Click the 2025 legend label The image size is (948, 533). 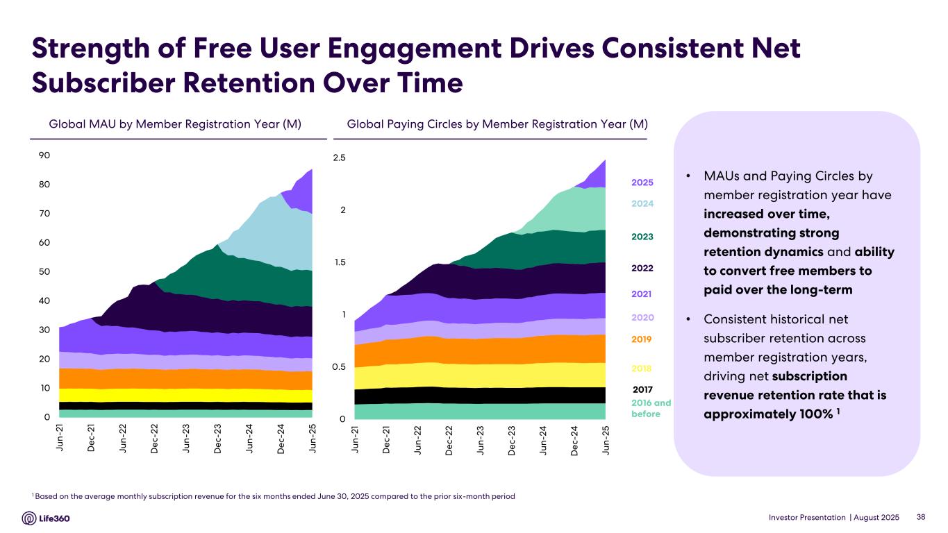[642, 183]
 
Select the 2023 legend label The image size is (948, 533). [642, 237]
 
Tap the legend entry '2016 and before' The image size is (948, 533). [651, 408]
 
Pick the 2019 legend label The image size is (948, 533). [642, 339]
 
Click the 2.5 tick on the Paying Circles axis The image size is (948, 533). [339, 158]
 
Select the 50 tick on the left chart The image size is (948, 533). [44, 271]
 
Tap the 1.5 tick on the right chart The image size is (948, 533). [339, 262]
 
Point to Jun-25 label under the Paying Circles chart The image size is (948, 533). [606, 439]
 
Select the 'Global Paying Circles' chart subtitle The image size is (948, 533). [497, 124]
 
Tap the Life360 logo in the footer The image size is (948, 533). [47, 518]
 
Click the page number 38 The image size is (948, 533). [922, 518]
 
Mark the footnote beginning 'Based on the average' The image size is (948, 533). [275, 496]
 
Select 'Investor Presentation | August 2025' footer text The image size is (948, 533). [833, 518]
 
